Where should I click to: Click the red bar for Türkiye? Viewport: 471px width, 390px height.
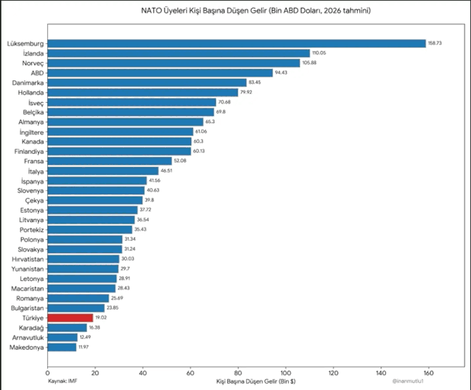[x=70, y=318]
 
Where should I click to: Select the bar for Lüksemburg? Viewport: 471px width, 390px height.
[x=237, y=43]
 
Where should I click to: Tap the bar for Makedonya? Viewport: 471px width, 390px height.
[x=62, y=347]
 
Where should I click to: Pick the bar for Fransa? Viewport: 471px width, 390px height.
[x=110, y=161]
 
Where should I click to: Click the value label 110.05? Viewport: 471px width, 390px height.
[x=319, y=53]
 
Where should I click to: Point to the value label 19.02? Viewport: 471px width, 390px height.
[x=101, y=317]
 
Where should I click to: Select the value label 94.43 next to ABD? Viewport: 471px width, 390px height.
[x=281, y=73]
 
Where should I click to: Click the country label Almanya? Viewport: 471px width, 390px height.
[x=31, y=122]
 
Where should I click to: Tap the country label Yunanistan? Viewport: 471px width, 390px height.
[x=28, y=269]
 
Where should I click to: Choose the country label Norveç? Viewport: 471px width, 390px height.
[x=33, y=63]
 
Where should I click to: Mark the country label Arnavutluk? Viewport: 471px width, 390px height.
[x=28, y=337]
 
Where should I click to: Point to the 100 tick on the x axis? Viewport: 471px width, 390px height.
[x=286, y=373]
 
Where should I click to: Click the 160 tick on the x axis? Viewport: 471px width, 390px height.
[x=428, y=373]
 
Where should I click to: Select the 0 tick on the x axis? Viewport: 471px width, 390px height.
[x=47, y=373]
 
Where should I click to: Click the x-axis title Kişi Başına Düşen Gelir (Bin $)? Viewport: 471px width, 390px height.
[x=256, y=381]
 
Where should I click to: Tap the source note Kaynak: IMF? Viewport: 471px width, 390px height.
[x=63, y=381]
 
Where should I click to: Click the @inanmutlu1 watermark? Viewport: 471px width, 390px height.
[x=407, y=381]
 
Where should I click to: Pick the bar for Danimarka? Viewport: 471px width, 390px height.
[x=147, y=83]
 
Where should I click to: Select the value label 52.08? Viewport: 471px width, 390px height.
[x=180, y=161]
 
